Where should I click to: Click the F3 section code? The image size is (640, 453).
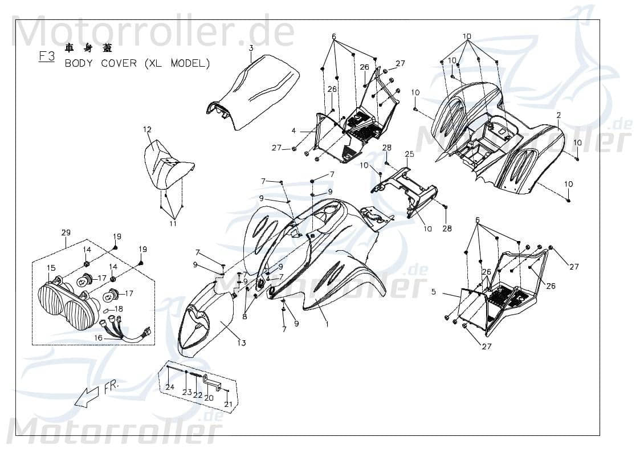coord(46,56)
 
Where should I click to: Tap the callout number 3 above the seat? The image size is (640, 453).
coord(251,48)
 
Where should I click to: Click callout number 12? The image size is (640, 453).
coord(147,130)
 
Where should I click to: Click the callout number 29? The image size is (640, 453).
coord(66,232)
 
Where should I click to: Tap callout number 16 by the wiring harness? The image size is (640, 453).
coord(98,338)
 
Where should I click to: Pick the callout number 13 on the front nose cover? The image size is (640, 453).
coord(242,342)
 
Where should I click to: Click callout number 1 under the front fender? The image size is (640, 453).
coord(327,324)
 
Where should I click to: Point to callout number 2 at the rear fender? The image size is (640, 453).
coord(559,115)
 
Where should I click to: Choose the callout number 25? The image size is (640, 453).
coord(425,154)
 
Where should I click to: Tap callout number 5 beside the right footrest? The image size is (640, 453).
coord(433,292)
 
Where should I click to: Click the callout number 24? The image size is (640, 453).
coord(170,387)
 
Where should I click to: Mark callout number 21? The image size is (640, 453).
coord(229,404)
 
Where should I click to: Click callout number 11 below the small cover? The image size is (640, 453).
coord(173,224)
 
